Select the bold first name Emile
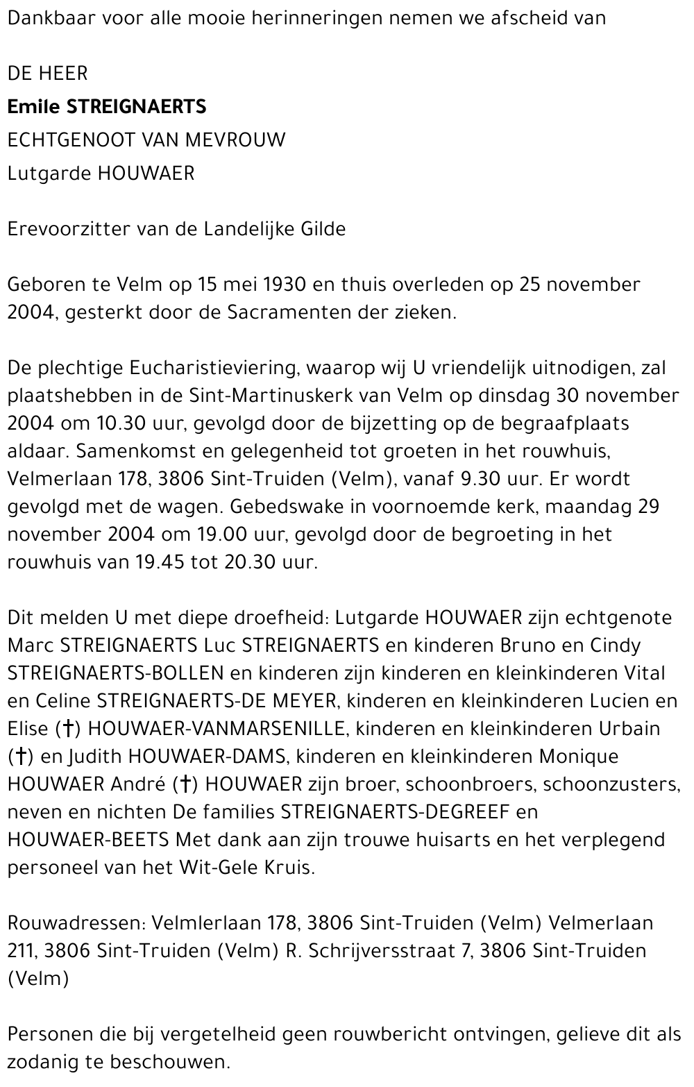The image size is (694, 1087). pyautogui.click(x=34, y=106)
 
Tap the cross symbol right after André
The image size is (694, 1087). pyautogui.click(x=185, y=784)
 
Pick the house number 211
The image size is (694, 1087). pyautogui.click(x=20, y=951)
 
